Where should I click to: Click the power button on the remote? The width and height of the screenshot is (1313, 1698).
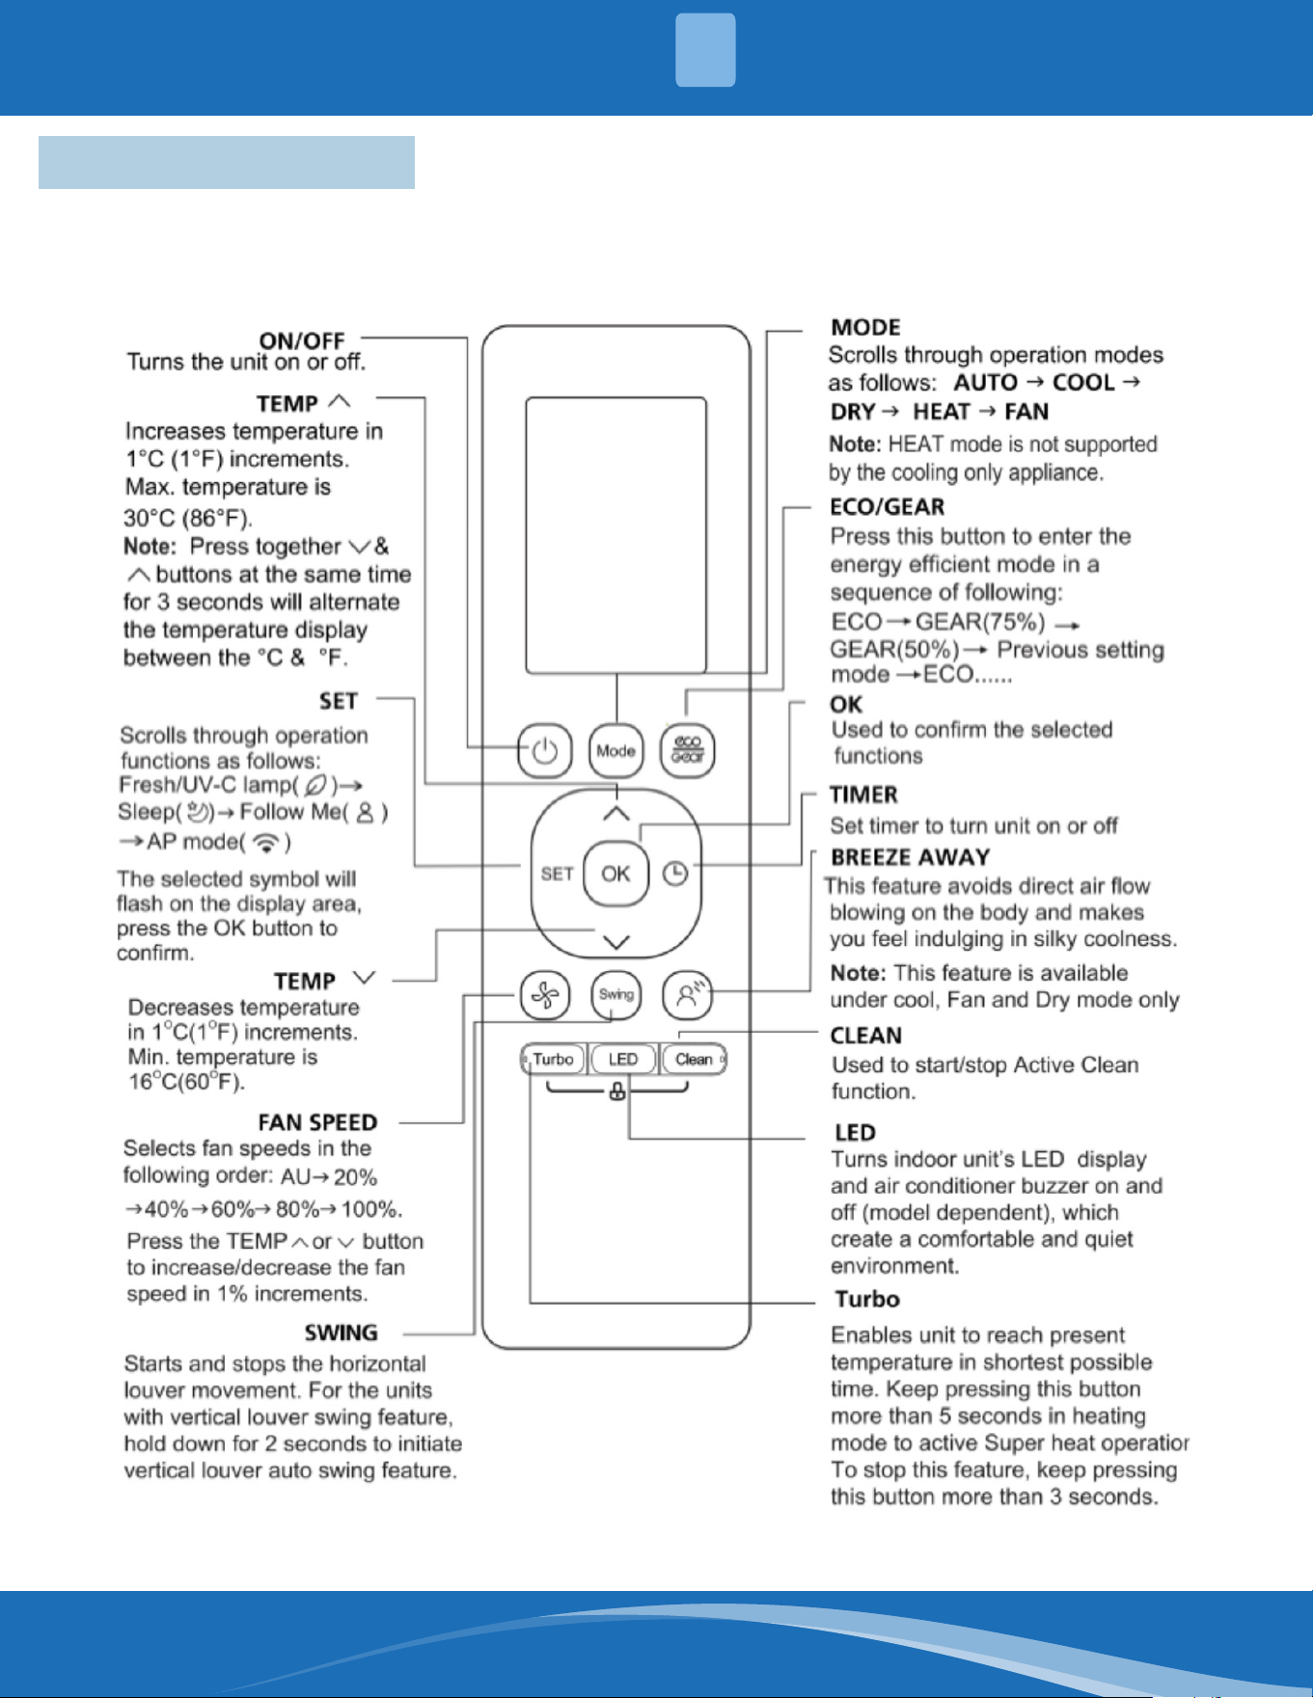coord(545,750)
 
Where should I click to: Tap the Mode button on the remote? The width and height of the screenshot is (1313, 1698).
coord(615,750)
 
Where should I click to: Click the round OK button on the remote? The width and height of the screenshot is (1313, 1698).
coord(615,874)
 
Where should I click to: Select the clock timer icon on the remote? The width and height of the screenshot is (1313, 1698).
coord(675,874)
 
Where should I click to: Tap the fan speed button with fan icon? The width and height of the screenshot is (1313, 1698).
coord(545,995)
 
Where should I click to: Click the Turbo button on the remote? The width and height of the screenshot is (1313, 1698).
coord(553,1059)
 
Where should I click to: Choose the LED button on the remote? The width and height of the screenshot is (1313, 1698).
coord(622,1059)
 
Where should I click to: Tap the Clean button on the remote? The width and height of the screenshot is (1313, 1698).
coord(694,1059)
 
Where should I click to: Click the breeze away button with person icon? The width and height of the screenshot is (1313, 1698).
coord(688,995)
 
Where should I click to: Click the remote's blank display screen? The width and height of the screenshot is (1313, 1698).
coord(616,535)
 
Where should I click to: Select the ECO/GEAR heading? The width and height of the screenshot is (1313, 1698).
coord(888,507)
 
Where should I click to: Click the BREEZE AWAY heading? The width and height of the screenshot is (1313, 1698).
coord(911,857)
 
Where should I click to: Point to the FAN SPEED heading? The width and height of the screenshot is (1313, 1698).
coord(317,1122)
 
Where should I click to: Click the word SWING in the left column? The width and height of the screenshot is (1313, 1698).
coord(341,1333)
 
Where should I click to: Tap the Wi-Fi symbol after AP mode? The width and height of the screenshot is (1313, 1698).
coord(265,842)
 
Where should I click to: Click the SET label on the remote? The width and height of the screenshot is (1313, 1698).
coord(557,874)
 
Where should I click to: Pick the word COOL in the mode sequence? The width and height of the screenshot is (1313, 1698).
coord(1083,383)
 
